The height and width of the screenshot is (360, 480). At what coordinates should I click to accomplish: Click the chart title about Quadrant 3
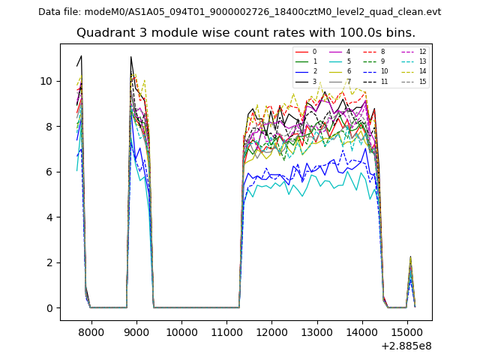pyautogui.click(x=246, y=33)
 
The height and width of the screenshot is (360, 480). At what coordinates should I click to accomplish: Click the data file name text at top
pyautogui.click(x=240, y=11)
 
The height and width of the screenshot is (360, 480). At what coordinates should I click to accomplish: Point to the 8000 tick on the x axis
pyautogui.click(x=91, y=331)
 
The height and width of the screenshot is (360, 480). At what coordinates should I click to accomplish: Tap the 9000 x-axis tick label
pyautogui.click(x=136, y=331)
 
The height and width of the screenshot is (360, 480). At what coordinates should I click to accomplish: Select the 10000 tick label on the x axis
pyautogui.click(x=181, y=331)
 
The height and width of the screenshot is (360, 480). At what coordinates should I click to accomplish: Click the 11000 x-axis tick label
pyautogui.click(x=226, y=331)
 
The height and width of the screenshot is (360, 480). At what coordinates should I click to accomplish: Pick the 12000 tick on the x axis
pyautogui.click(x=271, y=331)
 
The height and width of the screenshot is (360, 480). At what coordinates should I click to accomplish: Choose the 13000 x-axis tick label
pyautogui.click(x=317, y=331)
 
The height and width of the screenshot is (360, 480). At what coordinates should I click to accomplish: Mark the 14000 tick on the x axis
pyautogui.click(x=362, y=331)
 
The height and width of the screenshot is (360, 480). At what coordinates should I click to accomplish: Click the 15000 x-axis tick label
pyautogui.click(x=407, y=331)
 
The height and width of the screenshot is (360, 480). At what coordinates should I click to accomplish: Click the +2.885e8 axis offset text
pyautogui.click(x=406, y=346)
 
